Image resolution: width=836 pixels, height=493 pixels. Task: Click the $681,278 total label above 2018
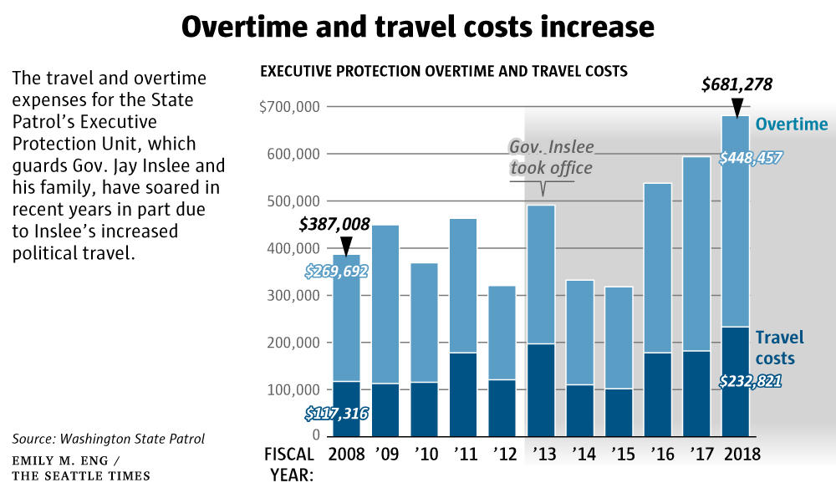736,84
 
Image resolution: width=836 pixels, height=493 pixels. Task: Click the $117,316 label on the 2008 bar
335,413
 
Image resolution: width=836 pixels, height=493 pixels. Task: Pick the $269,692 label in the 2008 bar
335,272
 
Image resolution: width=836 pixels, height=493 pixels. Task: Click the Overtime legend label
791,125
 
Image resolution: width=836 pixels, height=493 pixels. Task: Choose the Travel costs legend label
779,348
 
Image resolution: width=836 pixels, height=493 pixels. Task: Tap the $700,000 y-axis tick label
292,107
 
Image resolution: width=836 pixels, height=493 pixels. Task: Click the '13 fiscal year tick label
542,455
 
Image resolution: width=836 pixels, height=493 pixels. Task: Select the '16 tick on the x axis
659,455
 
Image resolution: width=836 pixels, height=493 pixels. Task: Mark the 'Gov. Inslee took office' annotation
551,158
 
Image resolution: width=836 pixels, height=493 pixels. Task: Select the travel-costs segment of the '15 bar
619,412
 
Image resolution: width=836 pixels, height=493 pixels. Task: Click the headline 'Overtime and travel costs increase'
417,27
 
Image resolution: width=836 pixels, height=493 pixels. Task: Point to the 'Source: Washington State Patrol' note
108,439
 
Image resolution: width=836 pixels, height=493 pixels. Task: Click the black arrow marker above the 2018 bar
737,106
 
